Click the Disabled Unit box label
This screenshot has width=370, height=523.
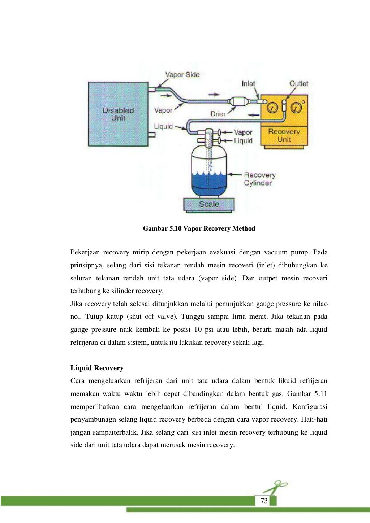point(118,114)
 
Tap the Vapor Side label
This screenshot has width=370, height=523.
point(182,75)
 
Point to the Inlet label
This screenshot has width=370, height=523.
point(248,84)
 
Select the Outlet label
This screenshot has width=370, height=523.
point(298,84)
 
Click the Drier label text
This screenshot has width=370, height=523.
point(218,114)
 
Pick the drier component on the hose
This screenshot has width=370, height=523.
point(238,101)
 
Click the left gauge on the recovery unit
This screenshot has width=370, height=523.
point(272,107)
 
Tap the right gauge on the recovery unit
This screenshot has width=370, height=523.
point(296,107)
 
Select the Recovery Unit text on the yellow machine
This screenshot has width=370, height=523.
point(284,135)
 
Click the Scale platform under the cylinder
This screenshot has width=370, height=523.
point(209,204)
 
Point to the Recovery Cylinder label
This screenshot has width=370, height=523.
point(259,179)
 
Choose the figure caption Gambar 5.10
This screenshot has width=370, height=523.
point(199,228)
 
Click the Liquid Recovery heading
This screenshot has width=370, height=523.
point(97,368)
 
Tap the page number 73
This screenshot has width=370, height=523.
point(264,501)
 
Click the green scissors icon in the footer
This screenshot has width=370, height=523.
point(275,487)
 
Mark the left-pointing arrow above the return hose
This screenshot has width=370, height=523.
point(254,116)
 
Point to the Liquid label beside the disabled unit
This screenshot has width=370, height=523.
point(163,127)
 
